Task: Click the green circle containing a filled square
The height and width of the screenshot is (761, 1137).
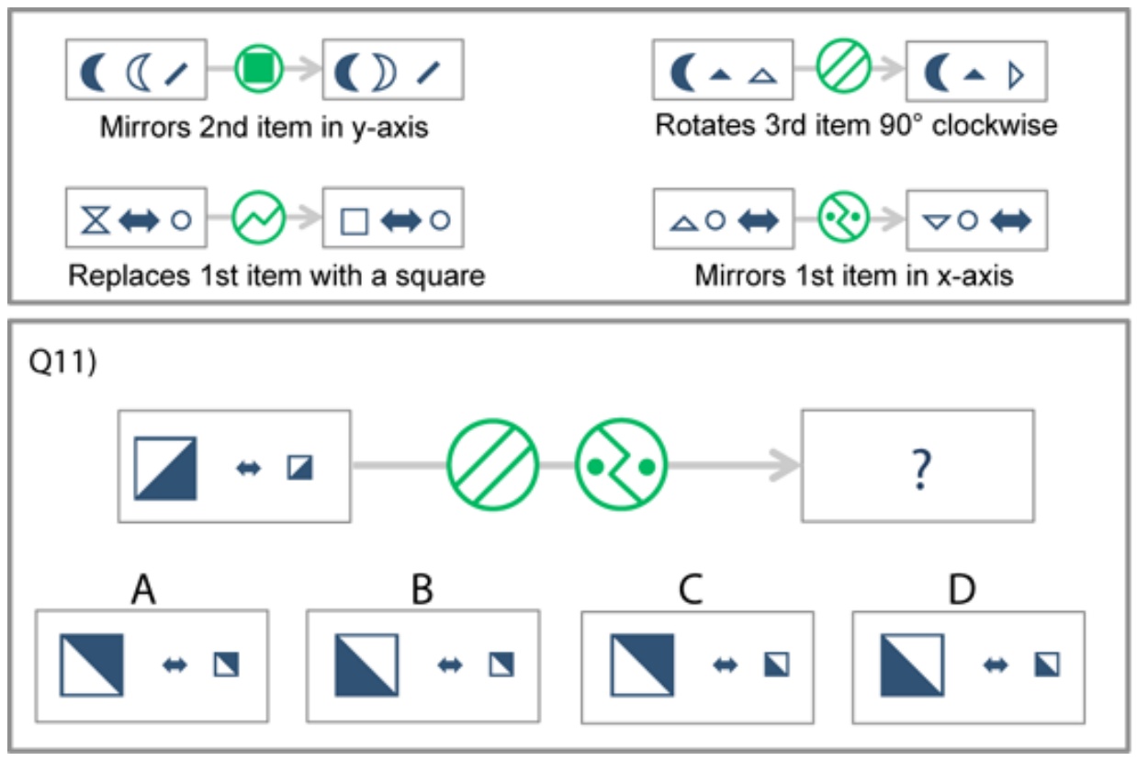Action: point(258,69)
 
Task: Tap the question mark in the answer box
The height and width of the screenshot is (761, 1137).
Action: point(921,469)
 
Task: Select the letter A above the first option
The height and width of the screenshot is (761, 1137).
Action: point(143,589)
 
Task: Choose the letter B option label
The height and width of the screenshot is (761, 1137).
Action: point(422,589)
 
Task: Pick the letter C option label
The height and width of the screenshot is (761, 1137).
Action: point(691,589)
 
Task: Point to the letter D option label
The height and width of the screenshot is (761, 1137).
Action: point(962,589)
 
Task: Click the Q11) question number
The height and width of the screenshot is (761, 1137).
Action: point(62,362)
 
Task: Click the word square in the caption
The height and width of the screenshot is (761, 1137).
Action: point(440,277)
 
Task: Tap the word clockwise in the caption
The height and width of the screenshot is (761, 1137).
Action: point(995,126)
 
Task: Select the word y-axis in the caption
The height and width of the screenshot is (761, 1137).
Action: point(390,128)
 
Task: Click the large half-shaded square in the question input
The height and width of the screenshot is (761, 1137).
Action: point(165,469)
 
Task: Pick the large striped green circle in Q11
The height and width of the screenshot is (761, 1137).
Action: point(492,464)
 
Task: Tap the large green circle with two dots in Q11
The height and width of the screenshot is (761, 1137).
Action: point(621,464)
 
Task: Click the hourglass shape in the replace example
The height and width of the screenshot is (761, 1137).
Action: point(96,220)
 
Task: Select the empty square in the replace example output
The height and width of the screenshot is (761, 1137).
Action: point(354,221)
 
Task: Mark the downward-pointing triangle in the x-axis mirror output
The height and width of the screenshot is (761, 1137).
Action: point(937,222)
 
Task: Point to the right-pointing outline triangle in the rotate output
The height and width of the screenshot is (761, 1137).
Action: point(1016,75)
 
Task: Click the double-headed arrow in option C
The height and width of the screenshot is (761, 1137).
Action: point(726,665)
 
